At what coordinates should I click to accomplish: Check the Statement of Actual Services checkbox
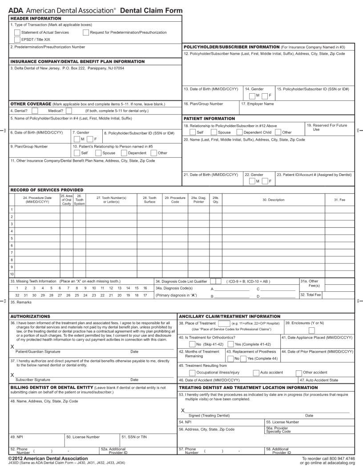pos(17,32)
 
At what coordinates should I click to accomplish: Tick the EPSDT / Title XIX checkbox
pos(17,39)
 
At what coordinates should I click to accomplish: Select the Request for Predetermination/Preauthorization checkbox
pos(85,32)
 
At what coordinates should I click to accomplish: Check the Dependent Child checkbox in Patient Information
pos(239,132)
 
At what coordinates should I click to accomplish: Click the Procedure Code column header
pos(175,199)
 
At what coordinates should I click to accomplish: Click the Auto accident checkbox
pos(256,373)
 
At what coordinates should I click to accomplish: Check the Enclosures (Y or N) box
pos(312,330)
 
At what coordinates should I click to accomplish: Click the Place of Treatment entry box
pos(224,323)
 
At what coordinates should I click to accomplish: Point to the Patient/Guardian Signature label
pos(38,351)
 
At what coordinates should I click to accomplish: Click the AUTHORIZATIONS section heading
pos(30,316)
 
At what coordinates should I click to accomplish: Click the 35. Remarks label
pos(21,302)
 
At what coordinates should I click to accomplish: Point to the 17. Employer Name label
pos(258,104)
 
